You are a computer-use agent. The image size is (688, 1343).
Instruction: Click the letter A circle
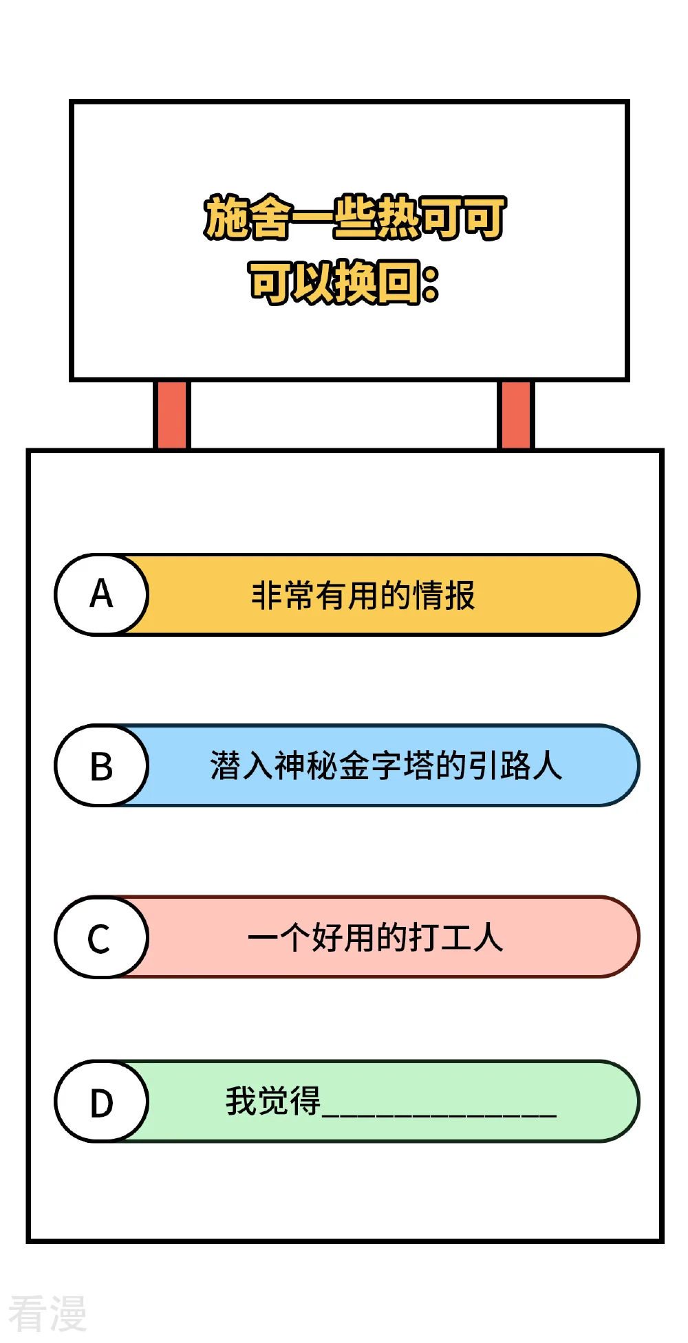(x=102, y=594)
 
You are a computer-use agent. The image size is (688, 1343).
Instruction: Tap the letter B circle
(x=102, y=765)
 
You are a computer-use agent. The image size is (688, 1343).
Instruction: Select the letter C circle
(x=102, y=937)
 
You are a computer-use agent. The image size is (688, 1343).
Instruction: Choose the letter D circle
(x=102, y=1101)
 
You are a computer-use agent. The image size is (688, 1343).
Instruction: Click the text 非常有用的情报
(x=363, y=596)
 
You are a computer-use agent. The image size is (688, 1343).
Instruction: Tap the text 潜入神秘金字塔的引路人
(x=386, y=766)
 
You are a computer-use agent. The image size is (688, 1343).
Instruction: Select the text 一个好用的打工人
(x=376, y=937)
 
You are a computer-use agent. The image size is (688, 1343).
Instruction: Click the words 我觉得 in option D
(x=273, y=1101)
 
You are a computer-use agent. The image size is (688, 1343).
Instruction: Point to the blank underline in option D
(x=440, y=1114)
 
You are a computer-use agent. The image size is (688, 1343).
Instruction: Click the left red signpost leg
(x=171, y=415)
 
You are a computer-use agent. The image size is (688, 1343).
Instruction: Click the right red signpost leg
(x=515, y=415)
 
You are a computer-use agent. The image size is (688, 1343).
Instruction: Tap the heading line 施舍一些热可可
(x=355, y=218)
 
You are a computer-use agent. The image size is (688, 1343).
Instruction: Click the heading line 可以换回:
(x=344, y=282)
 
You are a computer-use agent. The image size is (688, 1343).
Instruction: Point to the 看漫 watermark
(x=47, y=1313)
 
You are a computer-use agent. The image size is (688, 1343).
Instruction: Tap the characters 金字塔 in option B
(x=386, y=766)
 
